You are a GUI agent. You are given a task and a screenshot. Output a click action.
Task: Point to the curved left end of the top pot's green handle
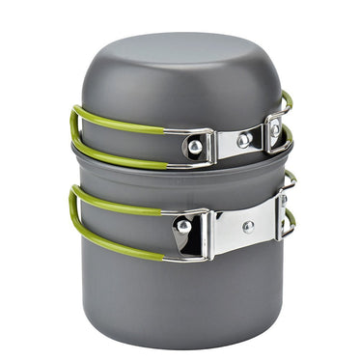73,130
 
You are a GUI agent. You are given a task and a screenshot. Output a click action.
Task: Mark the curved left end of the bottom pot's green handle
73,214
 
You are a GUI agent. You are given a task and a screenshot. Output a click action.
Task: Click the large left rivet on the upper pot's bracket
195,147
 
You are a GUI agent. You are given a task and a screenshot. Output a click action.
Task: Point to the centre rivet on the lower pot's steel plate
249,227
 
